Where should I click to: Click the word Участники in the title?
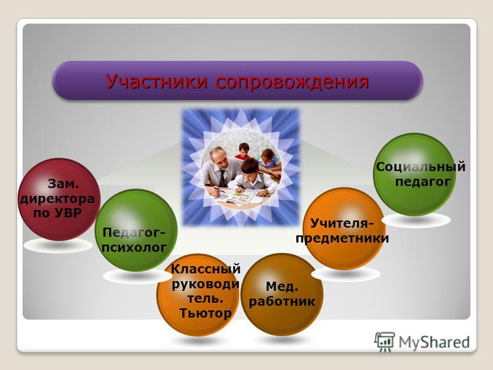coord(157,81)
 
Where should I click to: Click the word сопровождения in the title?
coord(292,82)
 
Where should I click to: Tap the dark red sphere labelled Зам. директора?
coord(59,199)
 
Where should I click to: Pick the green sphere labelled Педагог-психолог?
coord(136,230)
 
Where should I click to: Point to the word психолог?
coord(134,248)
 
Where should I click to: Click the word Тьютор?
coord(205,313)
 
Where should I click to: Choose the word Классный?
coord(206,269)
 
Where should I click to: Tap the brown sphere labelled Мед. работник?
coord(282,294)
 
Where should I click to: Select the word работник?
coord(282,302)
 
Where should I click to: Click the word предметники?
coord(342,238)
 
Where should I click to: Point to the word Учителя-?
coord(342,223)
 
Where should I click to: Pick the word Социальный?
coord(421,166)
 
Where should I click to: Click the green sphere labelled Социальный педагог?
coord(414,175)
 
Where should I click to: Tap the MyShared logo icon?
coord(384,341)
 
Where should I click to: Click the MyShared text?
coord(434,342)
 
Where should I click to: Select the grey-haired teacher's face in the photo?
coord(219,158)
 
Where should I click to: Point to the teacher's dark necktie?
coord(222,178)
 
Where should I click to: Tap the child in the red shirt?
coord(243,151)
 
